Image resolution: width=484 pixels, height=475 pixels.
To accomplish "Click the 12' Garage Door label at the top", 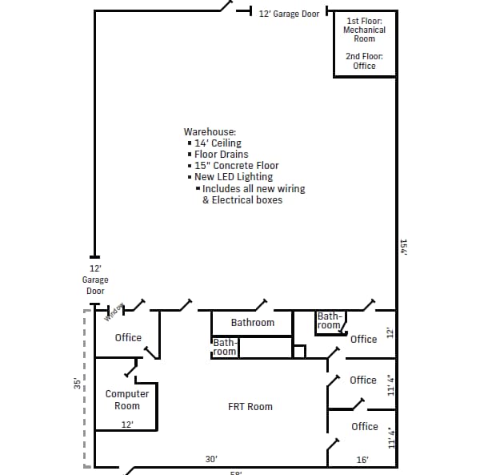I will tap(289, 14).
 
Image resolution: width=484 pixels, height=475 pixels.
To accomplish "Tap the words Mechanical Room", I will tap(364, 34).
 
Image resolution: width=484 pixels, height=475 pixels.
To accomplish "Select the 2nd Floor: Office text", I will tap(364, 61).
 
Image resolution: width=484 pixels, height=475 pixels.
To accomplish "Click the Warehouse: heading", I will tap(210, 131).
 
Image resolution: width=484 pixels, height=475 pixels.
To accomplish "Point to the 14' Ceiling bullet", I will tap(218, 143).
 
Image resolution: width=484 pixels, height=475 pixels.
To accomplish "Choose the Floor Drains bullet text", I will tap(221, 155).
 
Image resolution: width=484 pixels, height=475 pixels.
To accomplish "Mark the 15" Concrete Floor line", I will tap(236, 166).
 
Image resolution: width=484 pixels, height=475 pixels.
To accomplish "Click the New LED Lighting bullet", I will tap(233, 177).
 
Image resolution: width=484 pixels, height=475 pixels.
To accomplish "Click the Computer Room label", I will tap(127, 400).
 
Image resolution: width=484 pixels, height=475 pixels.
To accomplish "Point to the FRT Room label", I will tap(250, 407).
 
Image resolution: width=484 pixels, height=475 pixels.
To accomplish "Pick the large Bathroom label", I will tap(252, 323).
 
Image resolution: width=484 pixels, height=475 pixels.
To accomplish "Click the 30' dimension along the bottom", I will tap(211, 459).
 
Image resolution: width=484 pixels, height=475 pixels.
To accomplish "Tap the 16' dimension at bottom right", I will tap(362, 460).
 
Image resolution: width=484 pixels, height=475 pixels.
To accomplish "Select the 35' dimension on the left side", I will tap(78, 384).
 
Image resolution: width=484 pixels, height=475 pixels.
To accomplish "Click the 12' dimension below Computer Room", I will tap(127, 425).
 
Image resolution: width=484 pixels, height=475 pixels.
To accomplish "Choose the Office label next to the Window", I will tap(128, 338).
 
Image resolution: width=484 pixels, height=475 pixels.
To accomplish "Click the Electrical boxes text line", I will tap(242, 200).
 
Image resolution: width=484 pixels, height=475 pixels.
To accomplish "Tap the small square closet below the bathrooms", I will tap(298, 351).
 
